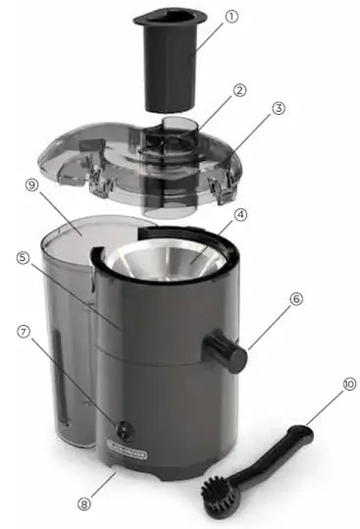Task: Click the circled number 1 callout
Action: tap(231, 18)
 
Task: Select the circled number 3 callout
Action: tap(279, 108)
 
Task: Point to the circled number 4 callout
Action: tap(240, 213)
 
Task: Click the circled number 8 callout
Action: tap(83, 504)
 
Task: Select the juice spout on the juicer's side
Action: tap(227, 350)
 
